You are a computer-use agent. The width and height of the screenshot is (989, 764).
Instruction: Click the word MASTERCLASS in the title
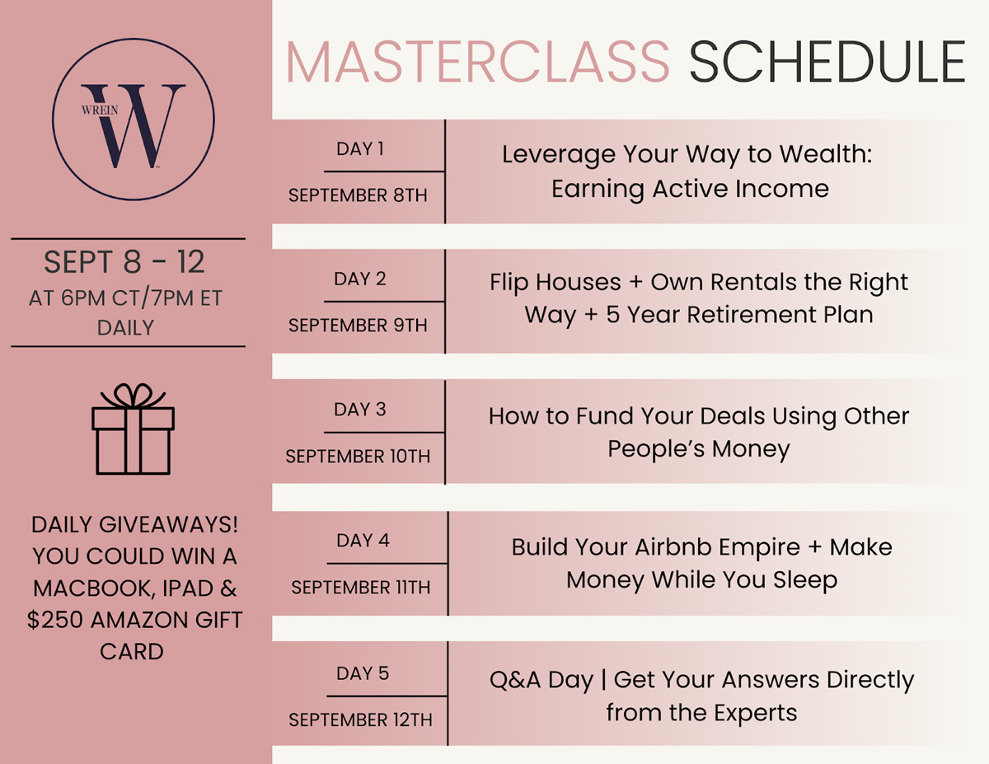(477, 62)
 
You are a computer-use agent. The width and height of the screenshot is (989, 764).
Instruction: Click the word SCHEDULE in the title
(827, 62)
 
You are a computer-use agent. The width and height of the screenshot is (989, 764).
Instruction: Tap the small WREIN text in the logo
(100, 110)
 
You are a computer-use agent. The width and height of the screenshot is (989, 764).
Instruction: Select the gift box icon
(133, 429)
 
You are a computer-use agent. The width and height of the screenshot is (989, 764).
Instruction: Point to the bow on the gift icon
(133, 396)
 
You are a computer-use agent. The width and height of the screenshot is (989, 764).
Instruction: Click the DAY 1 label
(360, 149)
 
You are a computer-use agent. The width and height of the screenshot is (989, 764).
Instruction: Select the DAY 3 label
(360, 410)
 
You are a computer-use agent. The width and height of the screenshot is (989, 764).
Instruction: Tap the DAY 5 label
(363, 673)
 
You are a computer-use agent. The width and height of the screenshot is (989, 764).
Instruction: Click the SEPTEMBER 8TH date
(358, 195)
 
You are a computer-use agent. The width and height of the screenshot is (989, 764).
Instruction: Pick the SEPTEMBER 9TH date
(358, 326)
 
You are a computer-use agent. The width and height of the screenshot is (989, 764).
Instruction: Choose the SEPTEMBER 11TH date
(360, 588)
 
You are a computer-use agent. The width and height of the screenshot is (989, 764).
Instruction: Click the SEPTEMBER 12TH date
(360, 719)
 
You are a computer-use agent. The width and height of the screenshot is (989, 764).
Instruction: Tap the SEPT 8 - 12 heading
(124, 262)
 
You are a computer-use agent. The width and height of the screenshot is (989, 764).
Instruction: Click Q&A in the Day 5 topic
(515, 680)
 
